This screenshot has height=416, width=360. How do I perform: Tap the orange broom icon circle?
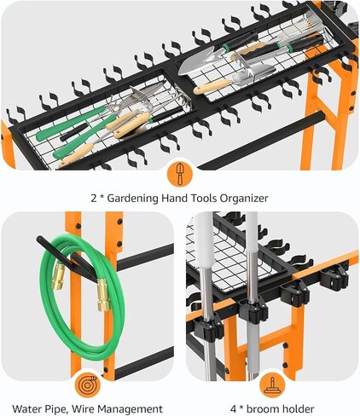(271, 383)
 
